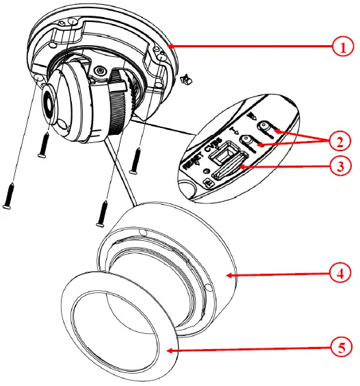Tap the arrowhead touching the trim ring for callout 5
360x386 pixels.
[168, 348]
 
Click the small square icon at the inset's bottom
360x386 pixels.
[207, 182]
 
